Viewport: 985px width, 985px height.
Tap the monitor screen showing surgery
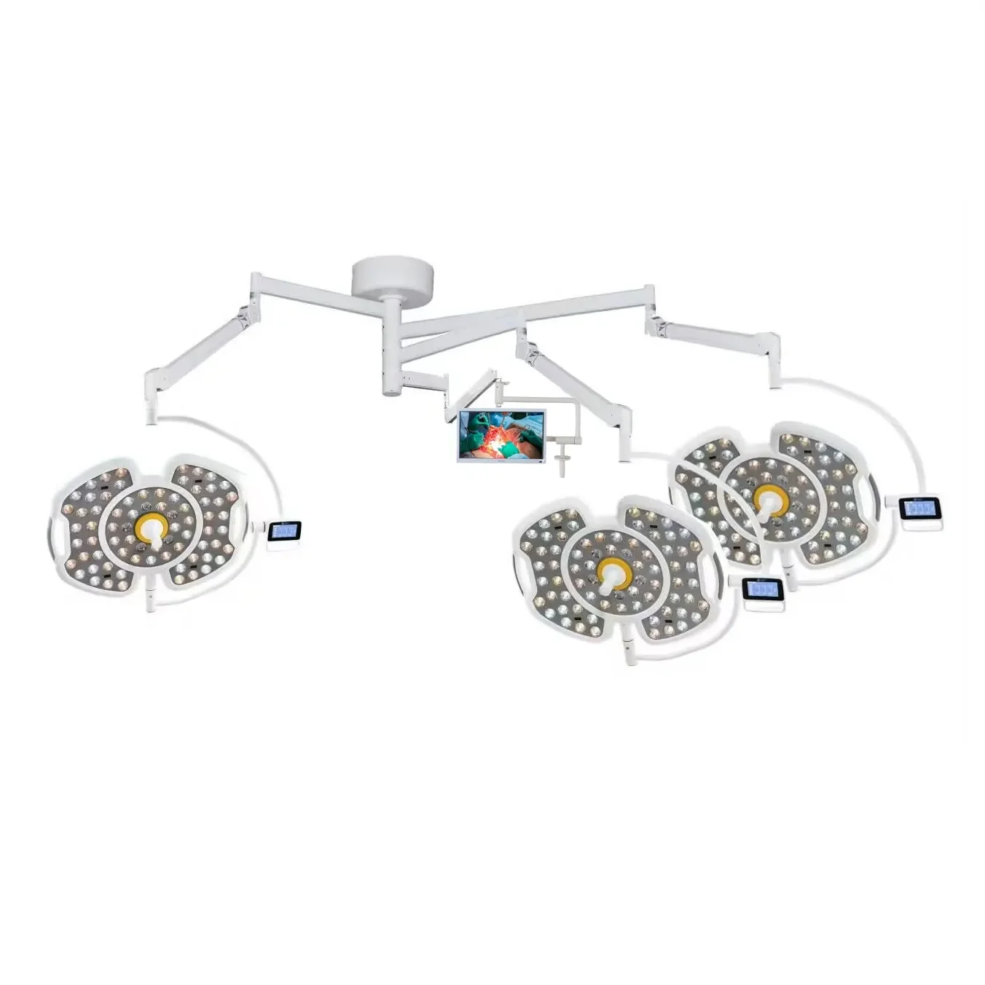[x=501, y=435]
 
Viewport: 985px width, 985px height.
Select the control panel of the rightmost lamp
[x=919, y=508]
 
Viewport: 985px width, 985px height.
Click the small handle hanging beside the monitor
[x=560, y=460]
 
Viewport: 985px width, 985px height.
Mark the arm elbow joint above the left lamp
[x=154, y=386]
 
